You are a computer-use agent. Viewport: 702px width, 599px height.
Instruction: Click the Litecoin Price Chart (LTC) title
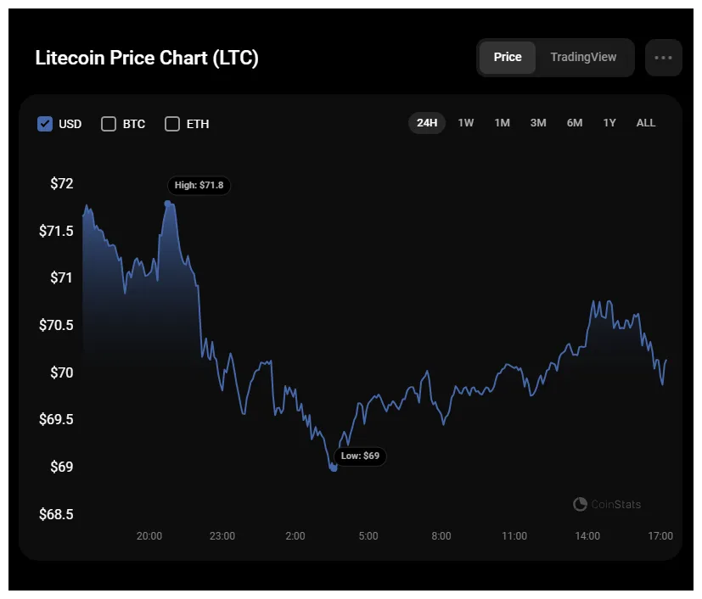coord(147,58)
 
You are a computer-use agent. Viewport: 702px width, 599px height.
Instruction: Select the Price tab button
coord(507,57)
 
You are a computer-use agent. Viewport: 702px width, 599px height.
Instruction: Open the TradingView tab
coord(583,57)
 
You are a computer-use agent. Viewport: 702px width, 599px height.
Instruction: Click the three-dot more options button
coord(663,58)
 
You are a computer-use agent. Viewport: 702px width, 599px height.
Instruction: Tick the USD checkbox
coord(45,124)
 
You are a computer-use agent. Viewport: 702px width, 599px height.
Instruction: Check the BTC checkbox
coord(109,124)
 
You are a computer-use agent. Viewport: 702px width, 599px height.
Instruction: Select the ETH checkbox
coord(172,124)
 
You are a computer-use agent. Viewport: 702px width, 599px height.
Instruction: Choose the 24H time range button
coord(427,123)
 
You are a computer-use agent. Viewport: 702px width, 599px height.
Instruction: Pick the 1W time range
coord(466,123)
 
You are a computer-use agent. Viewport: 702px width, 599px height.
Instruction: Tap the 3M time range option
coord(538,123)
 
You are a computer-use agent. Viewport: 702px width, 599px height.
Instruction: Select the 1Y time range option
coord(609,123)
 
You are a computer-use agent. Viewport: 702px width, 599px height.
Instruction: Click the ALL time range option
coord(646,123)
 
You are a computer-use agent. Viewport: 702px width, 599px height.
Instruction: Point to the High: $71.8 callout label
coord(199,185)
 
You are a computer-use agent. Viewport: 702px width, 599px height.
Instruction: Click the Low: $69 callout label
coord(360,456)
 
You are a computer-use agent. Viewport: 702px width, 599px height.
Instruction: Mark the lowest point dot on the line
coord(334,467)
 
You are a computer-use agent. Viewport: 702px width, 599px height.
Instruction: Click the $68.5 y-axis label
coord(57,514)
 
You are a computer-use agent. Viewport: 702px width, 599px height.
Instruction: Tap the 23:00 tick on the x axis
coord(222,536)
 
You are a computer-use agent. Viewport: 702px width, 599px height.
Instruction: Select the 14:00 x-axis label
coord(587,536)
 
